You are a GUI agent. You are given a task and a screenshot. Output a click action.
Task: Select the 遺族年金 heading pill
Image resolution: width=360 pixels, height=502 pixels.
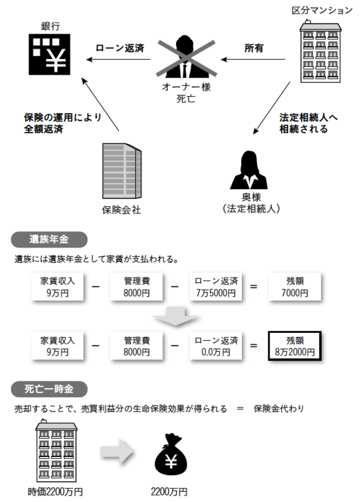point(49,239)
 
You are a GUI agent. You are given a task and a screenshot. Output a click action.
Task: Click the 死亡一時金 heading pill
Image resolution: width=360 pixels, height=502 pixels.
point(49,388)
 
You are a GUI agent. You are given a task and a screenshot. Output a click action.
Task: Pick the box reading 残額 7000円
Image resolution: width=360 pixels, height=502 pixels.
point(294,287)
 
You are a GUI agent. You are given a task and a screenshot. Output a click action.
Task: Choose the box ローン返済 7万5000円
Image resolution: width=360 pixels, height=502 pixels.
point(216,287)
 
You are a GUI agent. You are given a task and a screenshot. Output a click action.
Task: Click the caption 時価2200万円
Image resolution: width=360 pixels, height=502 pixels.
point(56,492)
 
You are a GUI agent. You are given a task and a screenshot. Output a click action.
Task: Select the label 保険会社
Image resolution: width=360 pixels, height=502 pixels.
point(121,211)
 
